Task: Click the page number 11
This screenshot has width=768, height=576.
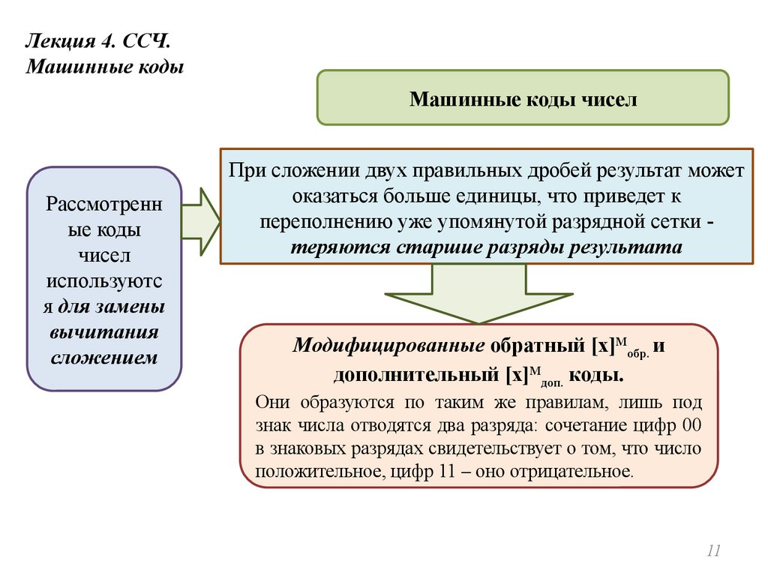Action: (712, 552)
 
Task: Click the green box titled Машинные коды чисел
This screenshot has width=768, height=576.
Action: (523, 97)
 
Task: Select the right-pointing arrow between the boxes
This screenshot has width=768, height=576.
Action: (200, 222)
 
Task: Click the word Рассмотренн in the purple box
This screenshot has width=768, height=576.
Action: (103, 203)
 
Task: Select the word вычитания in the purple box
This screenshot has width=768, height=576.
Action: (104, 331)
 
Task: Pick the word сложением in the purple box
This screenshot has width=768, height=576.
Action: (104, 357)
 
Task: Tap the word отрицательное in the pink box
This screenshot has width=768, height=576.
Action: (571, 472)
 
